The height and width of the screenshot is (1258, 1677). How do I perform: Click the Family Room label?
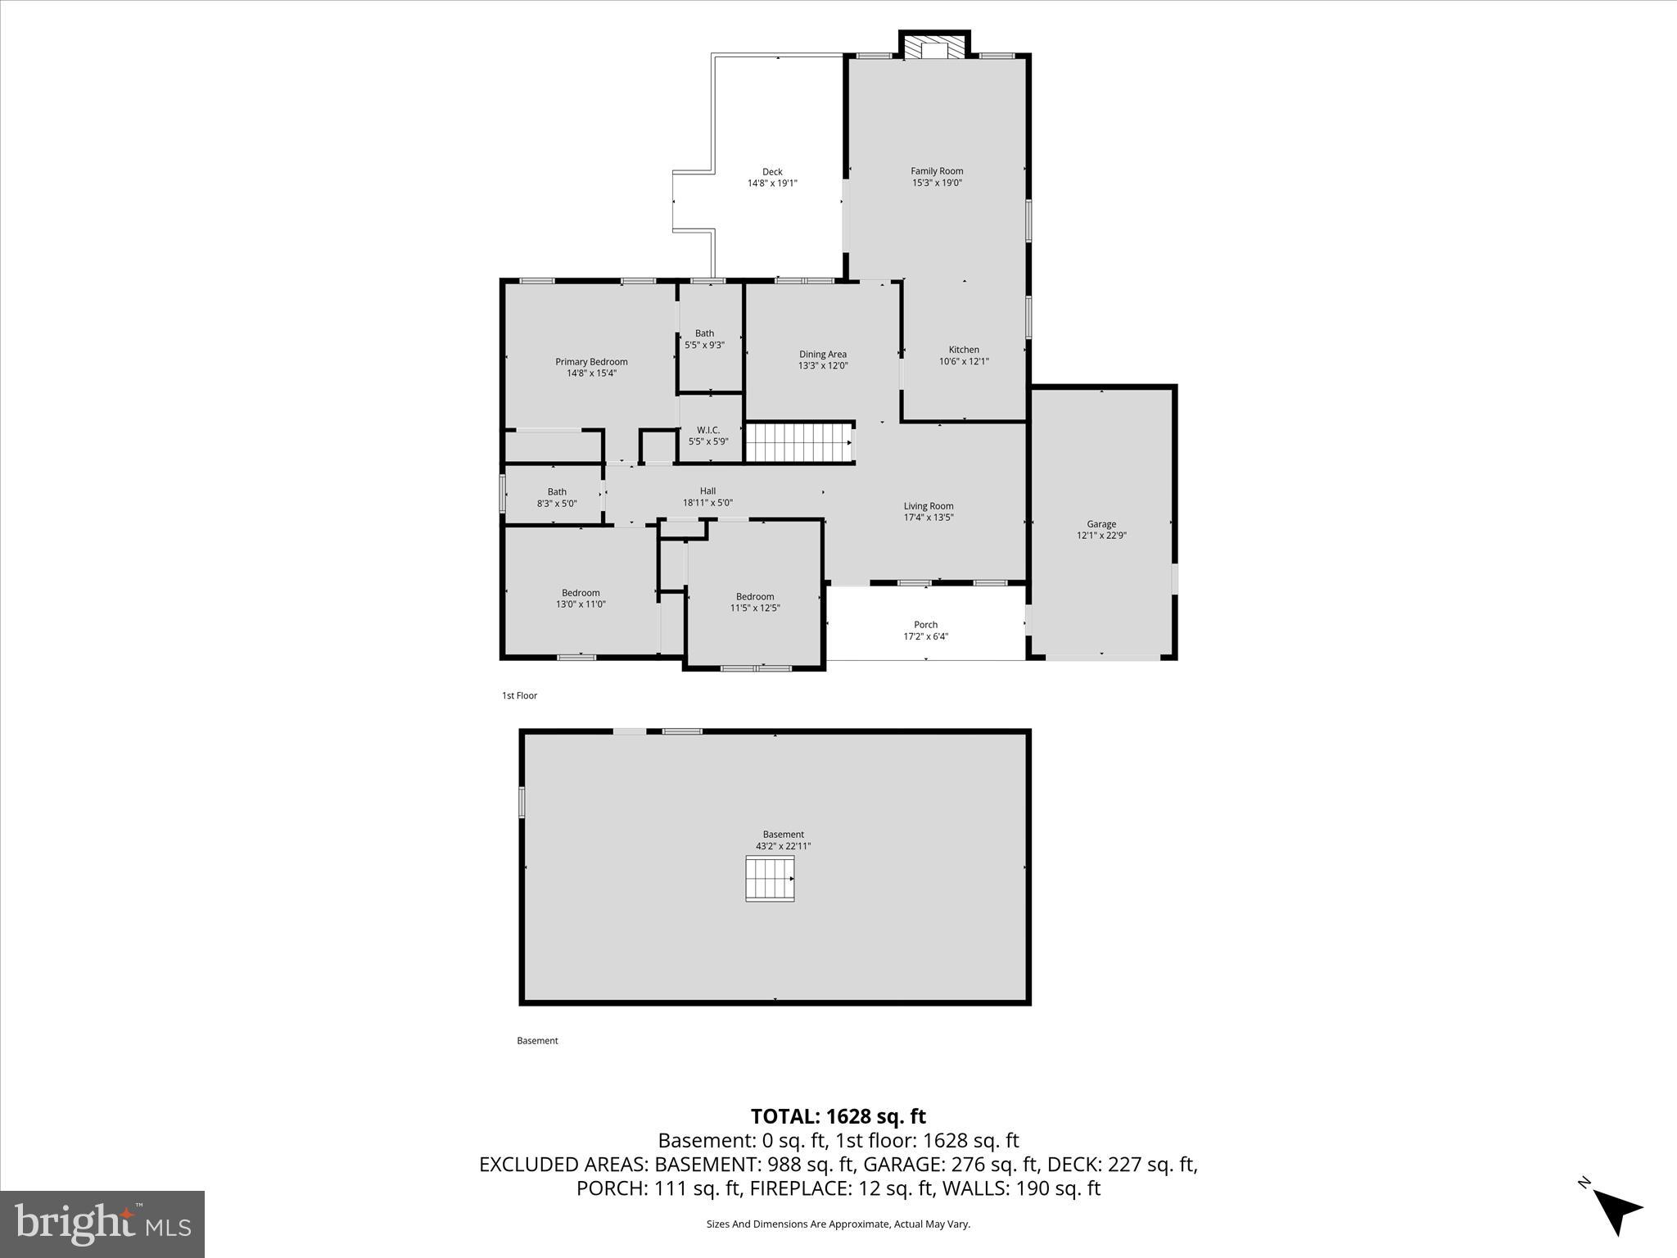(937, 171)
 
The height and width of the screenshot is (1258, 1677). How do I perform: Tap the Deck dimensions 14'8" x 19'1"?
(771, 183)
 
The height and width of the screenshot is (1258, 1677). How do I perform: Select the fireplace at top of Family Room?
(934, 48)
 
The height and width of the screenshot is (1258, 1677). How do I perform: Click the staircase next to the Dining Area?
(799, 443)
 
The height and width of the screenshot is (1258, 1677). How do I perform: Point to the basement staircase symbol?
(769, 879)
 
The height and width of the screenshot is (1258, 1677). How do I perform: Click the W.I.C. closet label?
(708, 430)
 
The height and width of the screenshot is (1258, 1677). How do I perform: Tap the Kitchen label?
(964, 350)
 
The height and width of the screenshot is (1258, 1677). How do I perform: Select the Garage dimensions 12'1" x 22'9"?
(1101, 536)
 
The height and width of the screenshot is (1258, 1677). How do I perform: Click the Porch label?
(925, 625)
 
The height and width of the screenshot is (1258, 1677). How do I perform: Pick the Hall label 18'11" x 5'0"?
(707, 497)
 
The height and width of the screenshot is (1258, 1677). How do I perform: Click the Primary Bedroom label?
(591, 362)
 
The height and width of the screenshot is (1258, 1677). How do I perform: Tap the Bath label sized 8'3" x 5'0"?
(557, 492)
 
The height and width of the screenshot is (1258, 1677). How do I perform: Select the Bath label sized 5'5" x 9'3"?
(704, 333)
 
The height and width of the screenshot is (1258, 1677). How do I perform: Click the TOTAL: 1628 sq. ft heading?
(838, 1116)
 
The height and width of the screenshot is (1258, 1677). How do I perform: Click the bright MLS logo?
(102, 1224)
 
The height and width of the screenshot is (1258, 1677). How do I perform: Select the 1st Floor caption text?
(519, 695)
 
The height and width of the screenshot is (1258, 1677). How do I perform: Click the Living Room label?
(929, 506)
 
